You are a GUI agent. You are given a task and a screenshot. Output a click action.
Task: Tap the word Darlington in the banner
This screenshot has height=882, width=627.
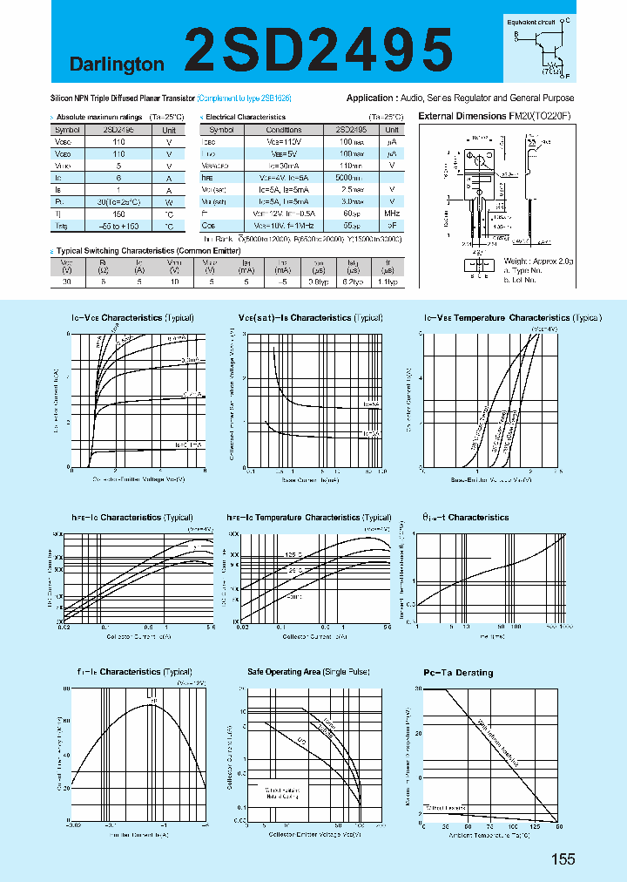tap(117, 64)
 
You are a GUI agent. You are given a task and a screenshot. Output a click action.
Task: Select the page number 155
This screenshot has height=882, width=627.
tap(563, 859)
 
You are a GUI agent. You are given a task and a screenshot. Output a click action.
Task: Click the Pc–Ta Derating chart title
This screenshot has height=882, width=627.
tap(458, 673)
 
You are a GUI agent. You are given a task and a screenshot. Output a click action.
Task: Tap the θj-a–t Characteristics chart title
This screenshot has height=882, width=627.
tap(466, 518)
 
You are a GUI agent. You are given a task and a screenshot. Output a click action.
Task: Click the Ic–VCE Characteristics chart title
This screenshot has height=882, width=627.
tap(131, 318)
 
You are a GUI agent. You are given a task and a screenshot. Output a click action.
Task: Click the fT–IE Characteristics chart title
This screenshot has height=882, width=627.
tap(131, 672)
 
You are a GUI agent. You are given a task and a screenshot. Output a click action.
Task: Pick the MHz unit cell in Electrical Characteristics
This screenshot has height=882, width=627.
tap(392, 214)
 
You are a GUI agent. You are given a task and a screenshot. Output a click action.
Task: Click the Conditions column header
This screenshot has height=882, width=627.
tap(284, 129)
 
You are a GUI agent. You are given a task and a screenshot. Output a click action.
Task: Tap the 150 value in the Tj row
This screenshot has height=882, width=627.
tap(118, 214)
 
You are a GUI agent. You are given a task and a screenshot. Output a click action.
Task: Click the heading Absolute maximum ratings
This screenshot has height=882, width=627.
tap(96, 117)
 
